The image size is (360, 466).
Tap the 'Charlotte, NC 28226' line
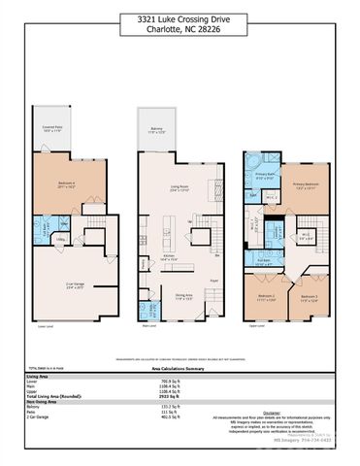coord(179,29)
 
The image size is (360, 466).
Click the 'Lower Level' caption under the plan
coord(44,327)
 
